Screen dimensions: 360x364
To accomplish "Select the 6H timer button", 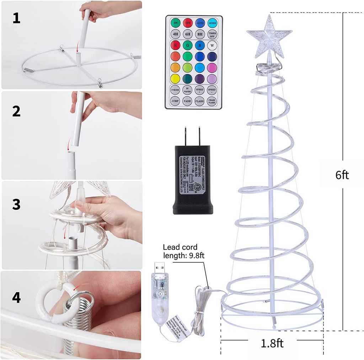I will tap(187, 34).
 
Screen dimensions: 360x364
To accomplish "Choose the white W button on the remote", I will tap(212, 45).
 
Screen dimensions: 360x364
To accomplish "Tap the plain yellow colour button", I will tap(175, 78).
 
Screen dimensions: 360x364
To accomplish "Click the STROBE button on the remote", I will tap(175, 89).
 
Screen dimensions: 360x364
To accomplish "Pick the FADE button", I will tap(187, 101).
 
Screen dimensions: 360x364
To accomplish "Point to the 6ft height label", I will tap(342, 175).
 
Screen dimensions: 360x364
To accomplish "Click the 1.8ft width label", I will tap(272, 343).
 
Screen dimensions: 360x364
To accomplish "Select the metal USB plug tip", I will tap(157, 268).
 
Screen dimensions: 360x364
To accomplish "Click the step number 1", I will tap(16, 18).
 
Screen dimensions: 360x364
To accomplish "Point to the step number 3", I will tap(16, 204).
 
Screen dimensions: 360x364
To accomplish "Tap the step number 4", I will tap(16, 298).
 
